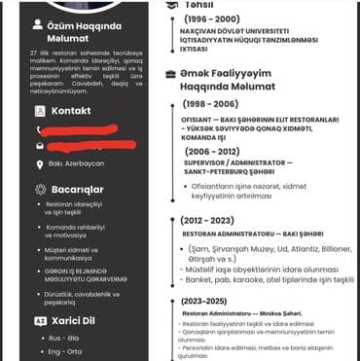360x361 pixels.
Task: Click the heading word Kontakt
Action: point(70,110)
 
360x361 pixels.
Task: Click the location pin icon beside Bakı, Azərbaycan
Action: point(40,162)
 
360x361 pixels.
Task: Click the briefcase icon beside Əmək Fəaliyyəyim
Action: point(171,75)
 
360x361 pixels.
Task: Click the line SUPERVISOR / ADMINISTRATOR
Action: point(239,163)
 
